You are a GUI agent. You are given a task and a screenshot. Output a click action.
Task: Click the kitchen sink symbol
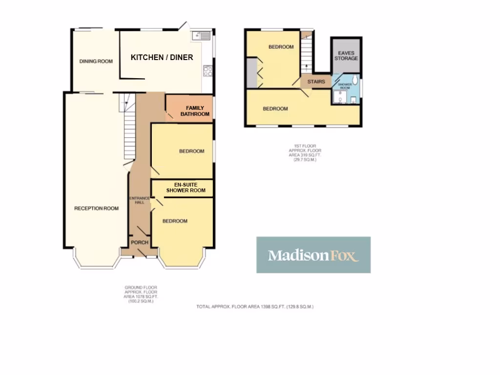(x=201, y=35)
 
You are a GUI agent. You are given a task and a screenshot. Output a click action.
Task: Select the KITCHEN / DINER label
(x=162, y=58)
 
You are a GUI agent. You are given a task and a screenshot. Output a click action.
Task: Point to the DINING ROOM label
(x=96, y=62)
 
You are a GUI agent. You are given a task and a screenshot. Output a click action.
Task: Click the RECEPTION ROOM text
(x=96, y=208)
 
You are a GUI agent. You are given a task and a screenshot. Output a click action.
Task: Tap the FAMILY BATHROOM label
(x=195, y=111)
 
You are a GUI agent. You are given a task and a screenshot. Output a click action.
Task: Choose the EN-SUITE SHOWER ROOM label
(x=186, y=187)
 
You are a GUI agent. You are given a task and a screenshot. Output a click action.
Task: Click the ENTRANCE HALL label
(x=136, y=200)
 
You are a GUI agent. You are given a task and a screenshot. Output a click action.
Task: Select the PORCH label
(x=140, y=243)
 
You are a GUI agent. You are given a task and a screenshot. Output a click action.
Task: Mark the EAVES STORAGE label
(x=346, y=55)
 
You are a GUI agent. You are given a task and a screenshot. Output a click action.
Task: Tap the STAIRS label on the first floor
(x=316, y=82)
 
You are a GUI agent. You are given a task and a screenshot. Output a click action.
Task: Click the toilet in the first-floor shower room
(x=355, y=80)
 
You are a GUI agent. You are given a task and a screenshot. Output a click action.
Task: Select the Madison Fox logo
(x=313, y=255)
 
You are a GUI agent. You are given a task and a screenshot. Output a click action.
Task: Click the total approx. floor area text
(x=254, y=307)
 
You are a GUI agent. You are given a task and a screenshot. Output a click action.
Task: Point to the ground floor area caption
(x=141, y=294)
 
